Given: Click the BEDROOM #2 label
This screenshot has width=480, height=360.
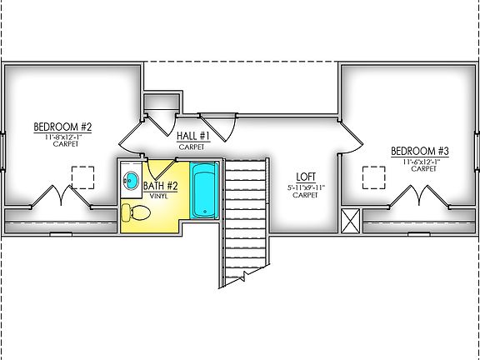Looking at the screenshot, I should (62, 127).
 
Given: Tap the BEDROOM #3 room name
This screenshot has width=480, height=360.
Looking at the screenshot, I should (420, 152).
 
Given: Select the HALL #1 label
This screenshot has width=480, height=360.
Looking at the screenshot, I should (193, 135).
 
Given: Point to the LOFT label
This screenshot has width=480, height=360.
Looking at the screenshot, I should (306, 177).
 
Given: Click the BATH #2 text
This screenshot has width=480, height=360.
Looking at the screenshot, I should (161, 186).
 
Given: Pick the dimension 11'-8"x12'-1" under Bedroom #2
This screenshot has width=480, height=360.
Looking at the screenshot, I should (62, 136).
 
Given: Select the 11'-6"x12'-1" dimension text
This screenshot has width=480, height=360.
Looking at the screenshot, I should (420, 161).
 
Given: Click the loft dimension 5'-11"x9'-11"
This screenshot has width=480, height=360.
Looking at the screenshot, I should (306, 187).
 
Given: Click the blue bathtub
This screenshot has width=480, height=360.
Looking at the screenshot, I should (204, 192).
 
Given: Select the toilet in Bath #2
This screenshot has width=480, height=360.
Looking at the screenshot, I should (136, 214).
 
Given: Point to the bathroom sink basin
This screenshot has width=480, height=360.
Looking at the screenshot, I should (129, 179).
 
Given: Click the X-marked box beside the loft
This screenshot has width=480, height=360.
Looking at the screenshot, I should (351, 222).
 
